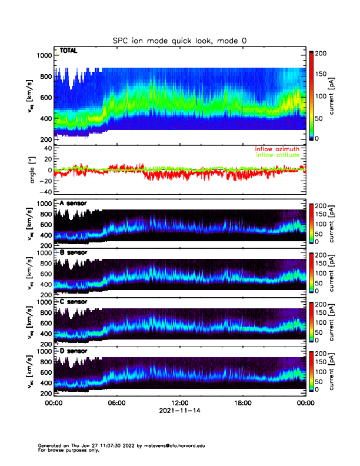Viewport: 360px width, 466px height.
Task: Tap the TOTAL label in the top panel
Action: pos(69,51)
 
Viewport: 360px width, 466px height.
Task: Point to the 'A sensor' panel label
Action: pos(73,204)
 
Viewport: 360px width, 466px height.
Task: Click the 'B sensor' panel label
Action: pos(73,253)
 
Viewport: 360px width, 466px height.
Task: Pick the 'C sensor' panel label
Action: pos(73,302)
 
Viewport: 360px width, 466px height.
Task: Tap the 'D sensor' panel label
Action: pos(73,351)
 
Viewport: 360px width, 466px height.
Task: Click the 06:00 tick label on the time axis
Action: pos(116,404)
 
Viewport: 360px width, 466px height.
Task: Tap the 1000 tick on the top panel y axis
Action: pos(44,55)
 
